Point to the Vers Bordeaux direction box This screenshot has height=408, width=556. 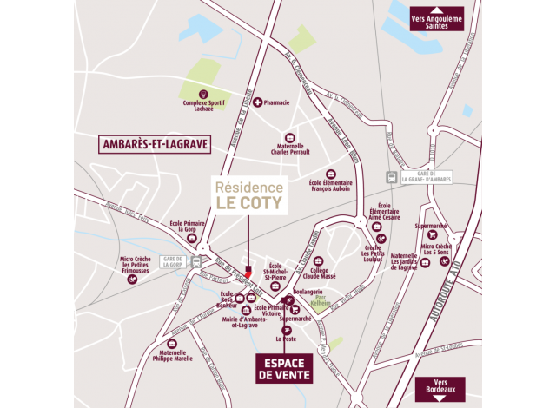pos(440,387)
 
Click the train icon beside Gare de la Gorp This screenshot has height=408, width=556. pos(198,260)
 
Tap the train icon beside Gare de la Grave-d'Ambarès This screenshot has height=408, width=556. pos(393,177)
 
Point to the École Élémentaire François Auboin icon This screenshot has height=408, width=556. pos(329,173)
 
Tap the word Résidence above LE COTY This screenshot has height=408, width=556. pos(248,187)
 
